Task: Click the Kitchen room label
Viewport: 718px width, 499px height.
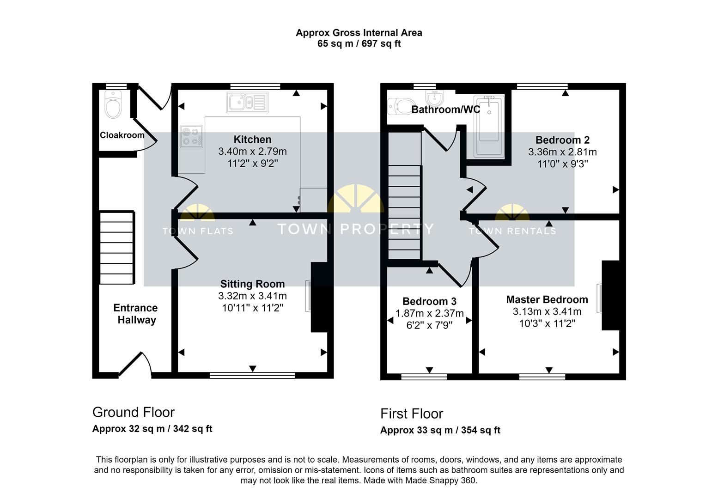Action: tap(252, 140)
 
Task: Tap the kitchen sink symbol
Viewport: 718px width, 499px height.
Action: tap(247, 102)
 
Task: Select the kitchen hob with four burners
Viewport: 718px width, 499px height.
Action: tap(191, 137)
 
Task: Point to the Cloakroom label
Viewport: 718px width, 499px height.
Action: tap(122, 135)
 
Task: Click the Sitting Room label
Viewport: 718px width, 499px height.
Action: tap(252, 284)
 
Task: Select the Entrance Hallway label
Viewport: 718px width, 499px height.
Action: tap(136, 314)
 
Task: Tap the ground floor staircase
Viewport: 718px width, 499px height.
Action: tap(117, 248)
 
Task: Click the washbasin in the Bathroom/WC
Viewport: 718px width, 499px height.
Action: tap(434, 97)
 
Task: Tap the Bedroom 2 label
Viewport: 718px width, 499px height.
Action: tap(562, 140)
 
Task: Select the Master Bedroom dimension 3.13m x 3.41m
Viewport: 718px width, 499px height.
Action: tap(547, 312)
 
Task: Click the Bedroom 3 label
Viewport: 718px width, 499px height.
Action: tap(429, 302)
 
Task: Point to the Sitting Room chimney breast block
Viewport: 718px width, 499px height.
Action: tap(319, 297)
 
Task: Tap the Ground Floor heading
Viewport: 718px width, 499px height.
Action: tap(134, 412)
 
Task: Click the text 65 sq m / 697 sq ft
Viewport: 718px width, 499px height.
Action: tap(359, 44)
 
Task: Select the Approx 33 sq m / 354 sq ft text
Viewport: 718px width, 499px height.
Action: tap(440, 430)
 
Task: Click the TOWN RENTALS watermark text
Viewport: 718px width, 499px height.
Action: tap(512, 231)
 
